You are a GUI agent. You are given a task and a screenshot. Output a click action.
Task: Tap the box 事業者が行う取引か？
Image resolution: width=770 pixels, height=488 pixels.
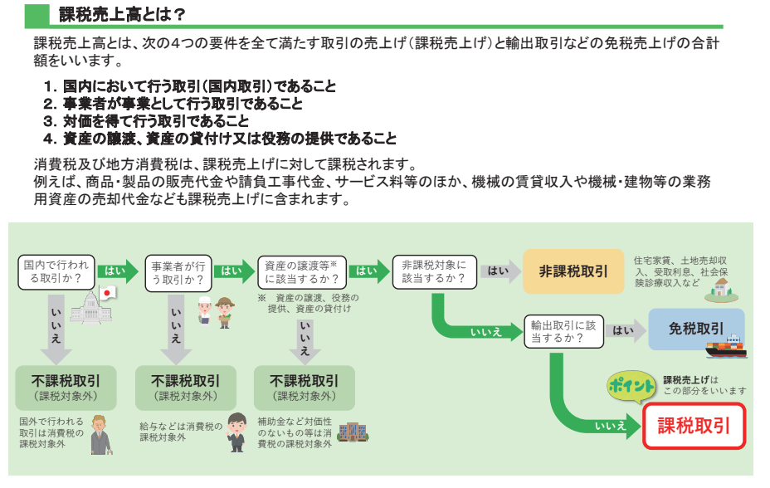coord(176,272)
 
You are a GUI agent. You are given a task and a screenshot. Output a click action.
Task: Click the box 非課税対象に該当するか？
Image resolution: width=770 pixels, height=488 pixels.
coord(432,271)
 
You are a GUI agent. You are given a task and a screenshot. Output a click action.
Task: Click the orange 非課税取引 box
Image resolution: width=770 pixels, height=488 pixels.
coord(573,271)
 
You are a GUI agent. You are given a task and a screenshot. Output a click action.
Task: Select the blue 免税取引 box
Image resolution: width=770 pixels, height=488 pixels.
coord(695,329)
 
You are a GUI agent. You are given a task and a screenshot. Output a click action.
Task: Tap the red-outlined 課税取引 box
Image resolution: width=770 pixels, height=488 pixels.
coord(694,426)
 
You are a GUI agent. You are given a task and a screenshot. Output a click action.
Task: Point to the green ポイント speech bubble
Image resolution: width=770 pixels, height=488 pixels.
coord(630,386)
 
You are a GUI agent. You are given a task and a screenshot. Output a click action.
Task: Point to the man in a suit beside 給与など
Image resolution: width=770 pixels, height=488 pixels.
coord(236,432)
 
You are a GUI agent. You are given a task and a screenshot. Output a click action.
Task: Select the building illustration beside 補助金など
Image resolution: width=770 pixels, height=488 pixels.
coord(352,432)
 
